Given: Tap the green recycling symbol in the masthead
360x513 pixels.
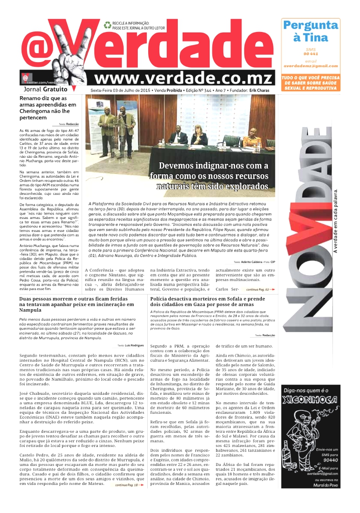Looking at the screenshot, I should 107,25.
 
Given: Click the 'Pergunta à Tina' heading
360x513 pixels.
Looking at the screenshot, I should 310,31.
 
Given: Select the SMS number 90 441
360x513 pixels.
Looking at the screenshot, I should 310,54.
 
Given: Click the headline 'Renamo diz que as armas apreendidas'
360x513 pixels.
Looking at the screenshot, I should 48,108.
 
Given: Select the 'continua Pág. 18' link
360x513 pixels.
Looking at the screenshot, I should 129,485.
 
